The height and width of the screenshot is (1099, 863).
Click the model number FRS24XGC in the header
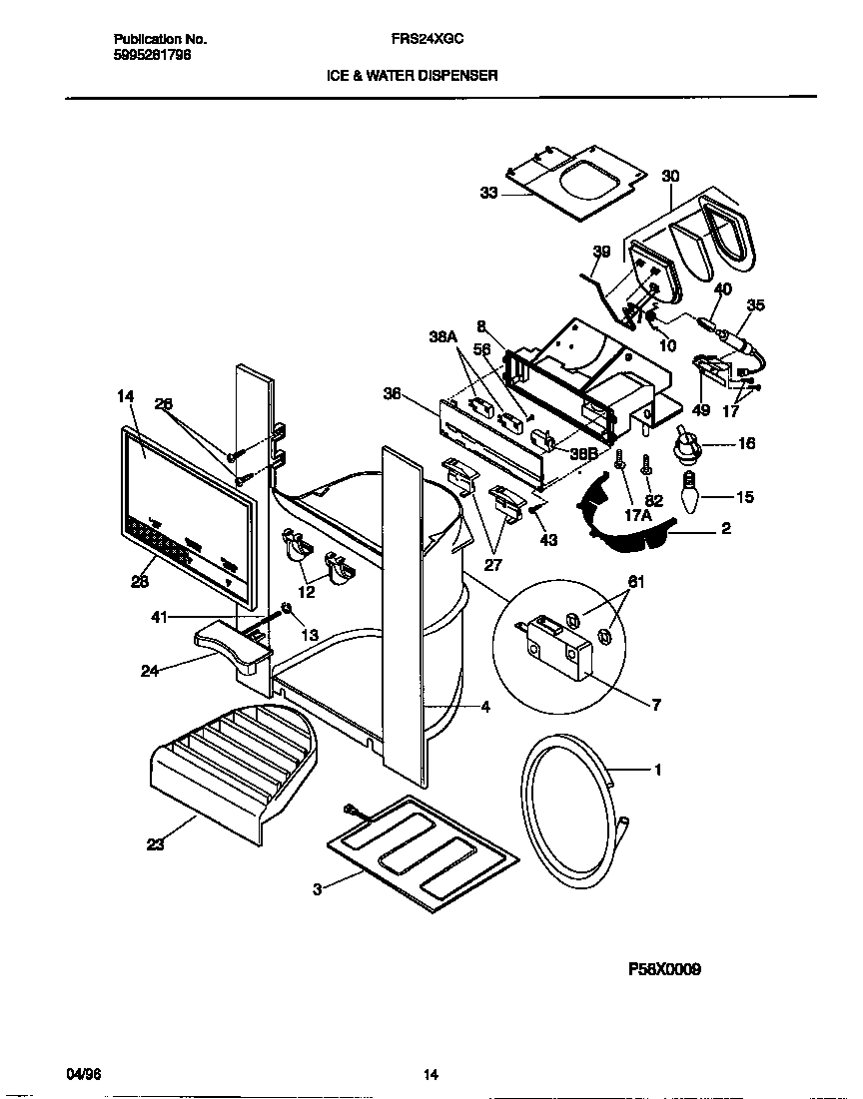[426, 39]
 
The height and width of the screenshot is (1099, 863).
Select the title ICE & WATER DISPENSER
[412, 75]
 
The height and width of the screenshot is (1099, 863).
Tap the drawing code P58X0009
[664, 968]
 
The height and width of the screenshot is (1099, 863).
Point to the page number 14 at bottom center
[430, 1075]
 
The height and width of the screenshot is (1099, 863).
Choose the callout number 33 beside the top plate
[488, 194]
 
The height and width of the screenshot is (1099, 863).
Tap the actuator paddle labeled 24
[232, 644]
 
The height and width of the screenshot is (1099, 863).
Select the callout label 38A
[442, 337]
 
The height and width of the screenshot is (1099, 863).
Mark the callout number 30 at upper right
[670, 176]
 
